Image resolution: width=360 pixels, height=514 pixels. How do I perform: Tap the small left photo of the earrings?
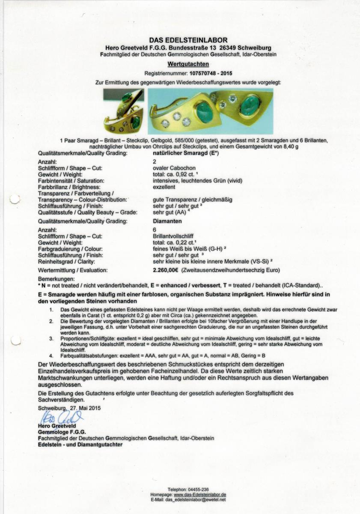point(123,111)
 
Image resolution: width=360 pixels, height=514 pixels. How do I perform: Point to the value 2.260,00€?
point(166,270)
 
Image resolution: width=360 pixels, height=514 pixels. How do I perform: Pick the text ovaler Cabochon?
point(170,169)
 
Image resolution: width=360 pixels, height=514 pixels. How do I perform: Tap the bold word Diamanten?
point(167,221)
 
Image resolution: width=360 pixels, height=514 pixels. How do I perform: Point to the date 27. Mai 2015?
point(85,408)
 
